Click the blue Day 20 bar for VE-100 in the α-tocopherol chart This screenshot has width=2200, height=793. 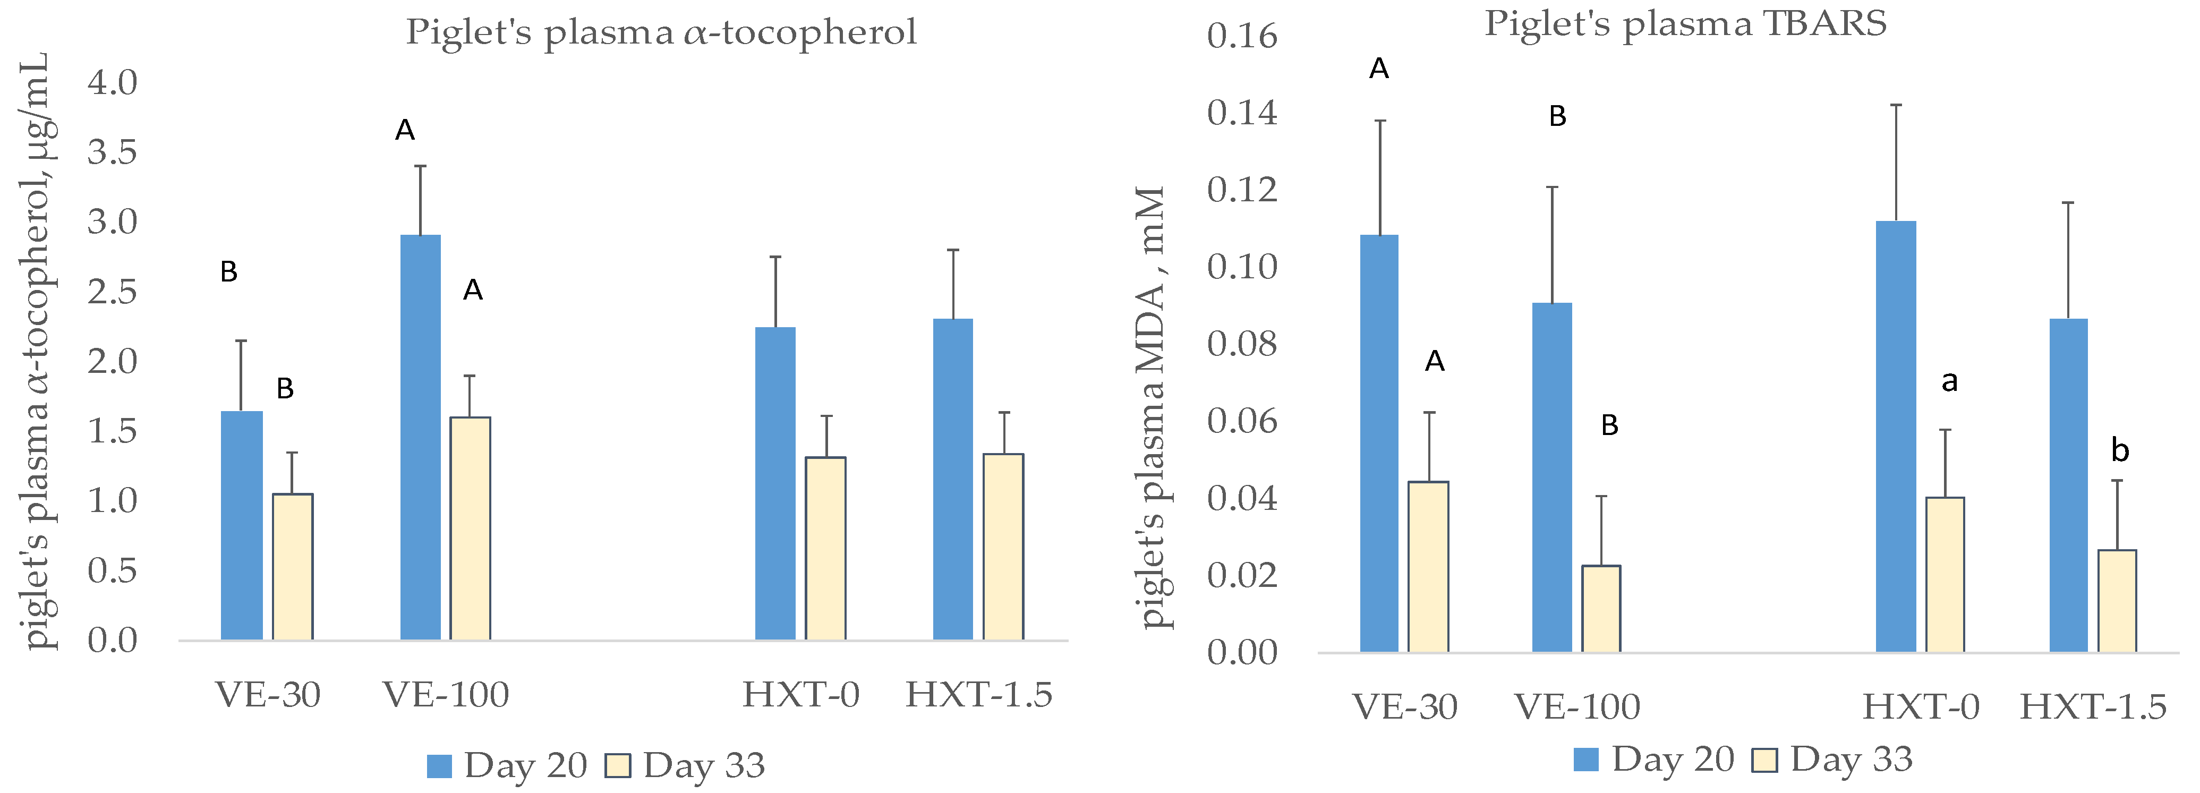pyautogui.click(x=420, y=437)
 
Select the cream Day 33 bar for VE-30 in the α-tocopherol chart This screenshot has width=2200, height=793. pyautogui.click(x=292, y=566)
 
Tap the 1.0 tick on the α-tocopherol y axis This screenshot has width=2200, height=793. pyautogui.click(x=112, y=500)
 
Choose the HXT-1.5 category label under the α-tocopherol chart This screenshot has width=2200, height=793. pyautogui.click(x=979, y=695)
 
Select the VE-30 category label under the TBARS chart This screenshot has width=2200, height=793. pyautogui.click(x=1405, y=707)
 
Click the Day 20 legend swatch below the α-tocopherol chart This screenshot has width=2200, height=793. pyautogui.click(x=439, y=766)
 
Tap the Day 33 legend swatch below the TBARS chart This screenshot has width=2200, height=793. pyautogui.click(x=1764, y=760)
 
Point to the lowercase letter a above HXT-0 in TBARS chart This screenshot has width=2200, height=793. pyautogui.click(x=1949, y=381)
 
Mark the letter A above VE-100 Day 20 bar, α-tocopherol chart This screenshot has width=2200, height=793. pyautogui.click(x=405, y=130)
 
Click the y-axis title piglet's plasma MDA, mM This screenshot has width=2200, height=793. pyautogui.click(x=1153, y=407)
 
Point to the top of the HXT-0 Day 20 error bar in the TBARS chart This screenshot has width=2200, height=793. pyautogui.click(x=1896, y=105)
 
